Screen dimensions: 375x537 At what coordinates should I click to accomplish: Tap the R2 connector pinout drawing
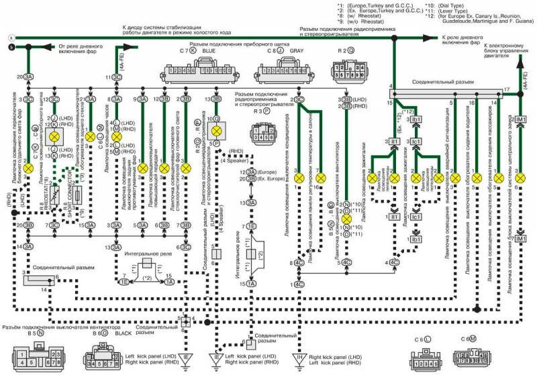346,71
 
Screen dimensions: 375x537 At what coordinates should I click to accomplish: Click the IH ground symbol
296,357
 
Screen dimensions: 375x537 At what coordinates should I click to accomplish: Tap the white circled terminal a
10,38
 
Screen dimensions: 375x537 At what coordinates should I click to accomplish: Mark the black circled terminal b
10,46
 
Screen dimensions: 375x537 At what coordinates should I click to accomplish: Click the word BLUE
209,50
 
